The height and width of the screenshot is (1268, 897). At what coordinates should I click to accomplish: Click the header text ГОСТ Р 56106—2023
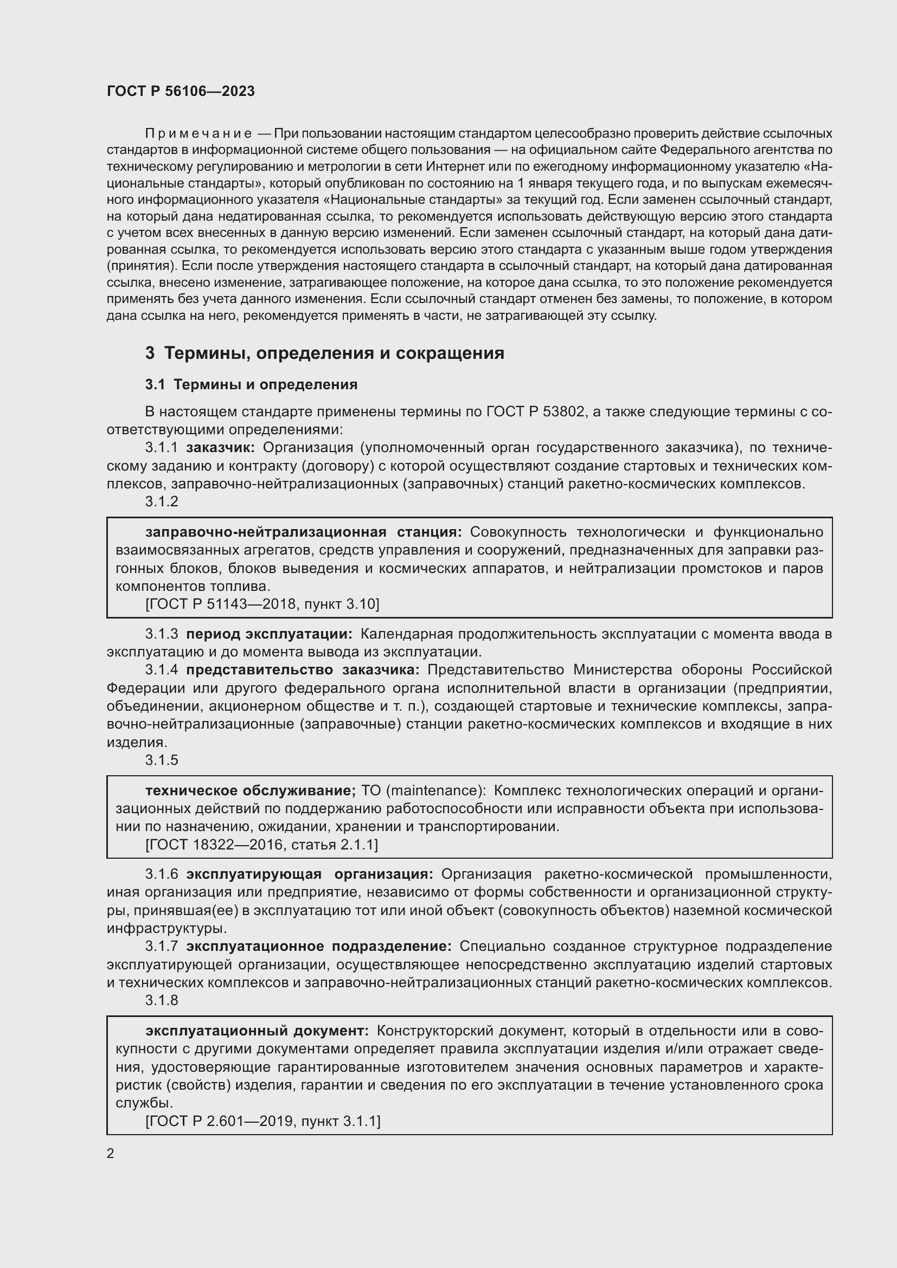181,92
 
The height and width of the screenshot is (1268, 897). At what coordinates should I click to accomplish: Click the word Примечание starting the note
198,134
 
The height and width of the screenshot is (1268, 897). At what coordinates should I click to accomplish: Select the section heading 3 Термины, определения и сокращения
325,353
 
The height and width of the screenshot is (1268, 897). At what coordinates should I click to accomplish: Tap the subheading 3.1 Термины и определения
251,384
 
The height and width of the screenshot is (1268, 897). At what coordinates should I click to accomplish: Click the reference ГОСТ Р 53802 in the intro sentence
535,411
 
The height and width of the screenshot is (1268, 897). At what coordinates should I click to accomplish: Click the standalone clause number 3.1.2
162,501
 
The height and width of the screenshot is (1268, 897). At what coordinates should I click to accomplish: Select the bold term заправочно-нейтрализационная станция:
304,532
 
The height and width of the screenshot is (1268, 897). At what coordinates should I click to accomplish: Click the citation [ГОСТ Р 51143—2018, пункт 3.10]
262,604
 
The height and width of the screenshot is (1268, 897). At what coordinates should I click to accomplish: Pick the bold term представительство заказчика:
303,670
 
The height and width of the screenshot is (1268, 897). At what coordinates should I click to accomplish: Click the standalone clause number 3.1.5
162,760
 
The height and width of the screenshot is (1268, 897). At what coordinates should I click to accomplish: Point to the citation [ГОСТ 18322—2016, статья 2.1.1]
262,845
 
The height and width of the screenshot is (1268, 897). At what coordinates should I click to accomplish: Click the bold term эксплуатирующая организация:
309,874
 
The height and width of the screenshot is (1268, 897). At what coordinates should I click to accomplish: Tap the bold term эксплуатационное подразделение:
319,946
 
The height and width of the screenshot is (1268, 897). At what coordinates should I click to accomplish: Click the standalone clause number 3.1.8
162,1000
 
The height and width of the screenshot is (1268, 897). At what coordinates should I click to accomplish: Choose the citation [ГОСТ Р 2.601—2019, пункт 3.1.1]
263,1121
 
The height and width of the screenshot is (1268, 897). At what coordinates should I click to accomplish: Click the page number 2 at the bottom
111,1154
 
